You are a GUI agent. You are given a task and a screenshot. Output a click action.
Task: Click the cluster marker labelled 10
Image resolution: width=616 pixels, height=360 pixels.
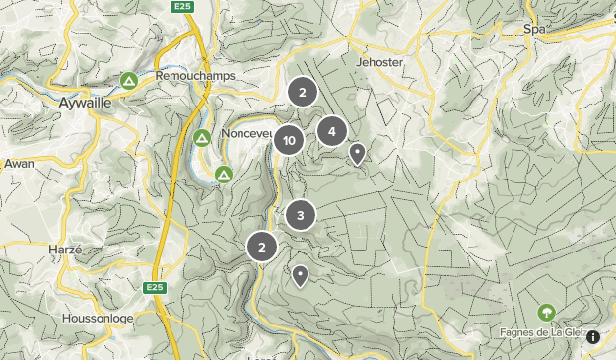click(289, 141)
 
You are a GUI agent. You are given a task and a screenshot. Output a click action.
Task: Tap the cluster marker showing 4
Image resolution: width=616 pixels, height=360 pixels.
click(332, 130)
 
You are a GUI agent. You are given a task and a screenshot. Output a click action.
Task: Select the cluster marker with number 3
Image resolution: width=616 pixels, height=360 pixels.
click(301, 214)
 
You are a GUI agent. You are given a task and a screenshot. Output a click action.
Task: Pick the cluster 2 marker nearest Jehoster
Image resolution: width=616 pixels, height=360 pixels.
click(303, 93)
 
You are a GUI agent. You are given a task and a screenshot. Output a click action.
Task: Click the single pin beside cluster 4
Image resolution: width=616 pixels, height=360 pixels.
click(358, 153)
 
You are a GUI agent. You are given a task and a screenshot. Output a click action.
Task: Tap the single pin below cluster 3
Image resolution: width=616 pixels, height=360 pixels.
click(300, 275)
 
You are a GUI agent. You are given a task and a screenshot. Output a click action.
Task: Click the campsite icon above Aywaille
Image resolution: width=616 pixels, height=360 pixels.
click(128, 80)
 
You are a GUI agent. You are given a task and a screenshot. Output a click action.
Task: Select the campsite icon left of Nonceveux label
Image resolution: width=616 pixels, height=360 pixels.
click(201, 138)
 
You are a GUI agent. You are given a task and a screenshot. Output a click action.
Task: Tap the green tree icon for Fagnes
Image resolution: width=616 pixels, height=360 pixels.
click(546, 313)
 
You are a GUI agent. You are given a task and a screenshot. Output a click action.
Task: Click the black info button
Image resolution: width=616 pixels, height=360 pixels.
click(593, 337)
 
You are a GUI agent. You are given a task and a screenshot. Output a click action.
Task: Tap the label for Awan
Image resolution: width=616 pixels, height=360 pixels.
click(19, 163)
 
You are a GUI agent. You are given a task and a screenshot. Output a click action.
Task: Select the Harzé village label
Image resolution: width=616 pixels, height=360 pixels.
click(64, 250)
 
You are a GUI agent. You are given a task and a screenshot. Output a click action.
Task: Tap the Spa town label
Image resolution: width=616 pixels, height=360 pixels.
click(535, 30)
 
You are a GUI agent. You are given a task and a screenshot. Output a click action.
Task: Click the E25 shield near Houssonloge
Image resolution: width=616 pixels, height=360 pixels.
click(153, 288)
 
